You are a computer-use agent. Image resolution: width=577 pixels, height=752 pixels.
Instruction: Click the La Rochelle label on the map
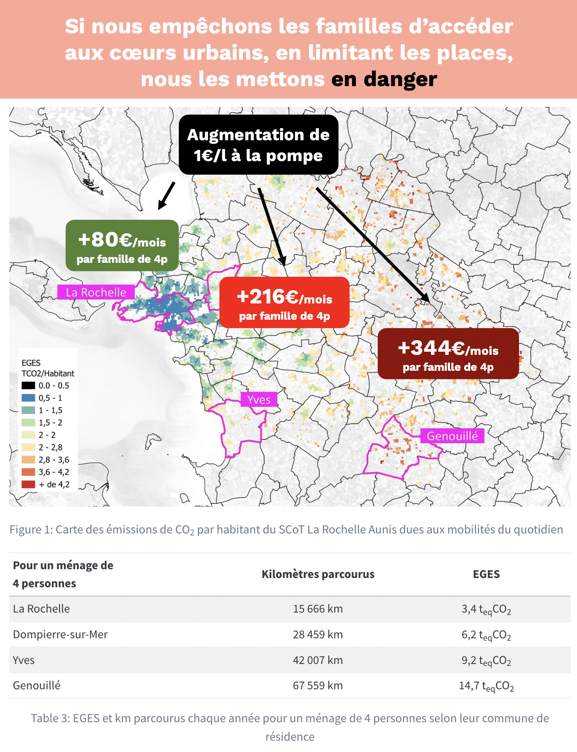pyautogui.click(x=96, y=292)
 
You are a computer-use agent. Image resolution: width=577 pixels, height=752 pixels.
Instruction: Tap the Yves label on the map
pyautogui.click(x=259, y=400)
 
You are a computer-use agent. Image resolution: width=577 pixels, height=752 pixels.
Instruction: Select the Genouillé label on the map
pyautogui.click(x=452, y=436)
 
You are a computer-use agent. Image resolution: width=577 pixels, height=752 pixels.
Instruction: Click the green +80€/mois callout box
pyautogui.click(x=122, y=245)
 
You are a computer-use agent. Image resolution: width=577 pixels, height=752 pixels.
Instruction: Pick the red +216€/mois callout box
pyautogui.click(x=284, y=302)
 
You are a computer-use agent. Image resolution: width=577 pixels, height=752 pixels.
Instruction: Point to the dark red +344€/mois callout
pyautogui.click(x=448, y=354)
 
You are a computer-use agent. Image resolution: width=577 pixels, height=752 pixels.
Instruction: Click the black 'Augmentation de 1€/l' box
pyautogui.click(x=258, y=145)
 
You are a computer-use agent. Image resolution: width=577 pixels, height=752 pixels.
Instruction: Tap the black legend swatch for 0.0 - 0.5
pyautogui.click(x=28, y=385)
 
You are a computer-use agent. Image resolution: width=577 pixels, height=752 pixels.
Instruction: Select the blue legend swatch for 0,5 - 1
pyautogui.click(x=28, y=398)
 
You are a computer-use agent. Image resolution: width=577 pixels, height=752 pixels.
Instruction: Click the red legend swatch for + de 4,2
pyautogui.click(x=28, y=484)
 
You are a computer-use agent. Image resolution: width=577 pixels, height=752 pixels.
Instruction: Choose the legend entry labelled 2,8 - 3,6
pyautogui.click(x=54, y=460)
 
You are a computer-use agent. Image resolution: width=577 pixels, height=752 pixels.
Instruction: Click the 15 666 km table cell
pyautogui.click(x=318, y=609)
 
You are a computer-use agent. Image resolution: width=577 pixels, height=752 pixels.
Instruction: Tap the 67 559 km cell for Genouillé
pyautogui.click(x=318, y=686)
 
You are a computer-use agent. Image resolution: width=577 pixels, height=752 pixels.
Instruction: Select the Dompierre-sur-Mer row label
pyautogui.click(x=60, y=635)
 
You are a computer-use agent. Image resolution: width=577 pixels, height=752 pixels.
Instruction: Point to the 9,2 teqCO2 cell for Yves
pyautogui.click(x=486, y=660)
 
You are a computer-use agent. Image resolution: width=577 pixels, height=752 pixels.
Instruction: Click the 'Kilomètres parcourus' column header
pyautogui.click(x=318, y=574)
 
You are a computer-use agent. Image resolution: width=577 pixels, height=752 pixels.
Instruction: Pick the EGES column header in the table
pyautogui.click(x=486, y=574)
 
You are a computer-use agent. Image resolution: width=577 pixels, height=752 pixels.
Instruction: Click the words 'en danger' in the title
pyautogui.click(x=384, y=79)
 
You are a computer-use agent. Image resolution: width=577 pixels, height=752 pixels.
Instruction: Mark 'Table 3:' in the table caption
pyautogui.click(x=51, y=718)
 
